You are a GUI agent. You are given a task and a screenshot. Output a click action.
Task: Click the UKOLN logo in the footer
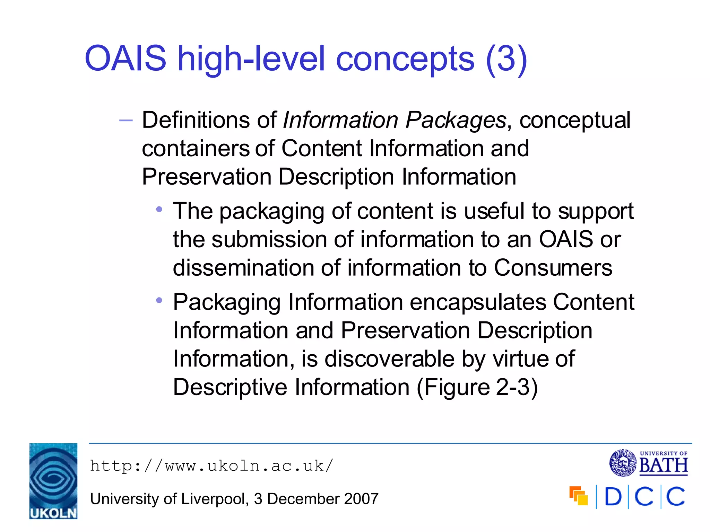53,481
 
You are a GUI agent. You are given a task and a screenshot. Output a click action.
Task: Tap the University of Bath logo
649,463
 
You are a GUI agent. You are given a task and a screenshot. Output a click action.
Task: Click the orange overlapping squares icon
579,496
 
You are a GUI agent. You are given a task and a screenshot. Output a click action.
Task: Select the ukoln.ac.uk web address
211,466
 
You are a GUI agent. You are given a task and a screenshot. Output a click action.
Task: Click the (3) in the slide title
506,59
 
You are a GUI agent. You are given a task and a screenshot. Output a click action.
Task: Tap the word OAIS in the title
125,59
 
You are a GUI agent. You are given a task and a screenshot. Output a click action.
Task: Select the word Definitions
197,120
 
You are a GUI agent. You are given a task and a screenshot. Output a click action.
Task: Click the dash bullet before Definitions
126,121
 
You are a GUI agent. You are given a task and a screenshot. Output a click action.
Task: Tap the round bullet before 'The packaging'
159,209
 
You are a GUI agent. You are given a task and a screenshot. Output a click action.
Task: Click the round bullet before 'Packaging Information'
159,300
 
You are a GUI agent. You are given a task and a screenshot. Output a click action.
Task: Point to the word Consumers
553,268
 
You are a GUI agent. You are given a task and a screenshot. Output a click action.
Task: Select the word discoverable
389,359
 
